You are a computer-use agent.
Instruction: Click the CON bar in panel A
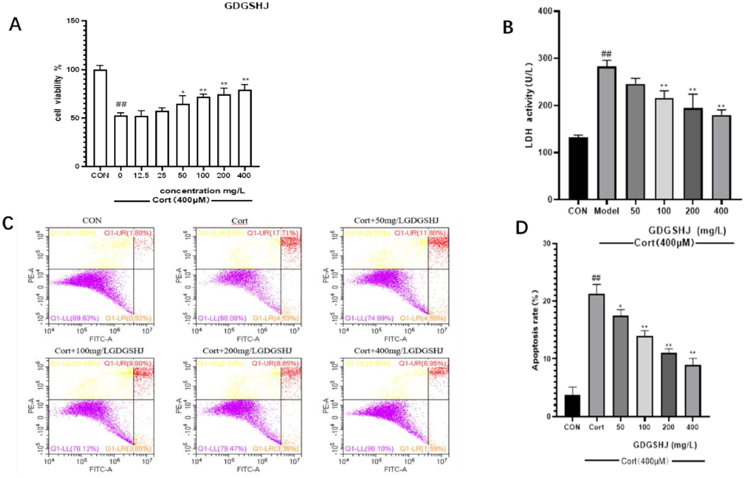coord(100,118)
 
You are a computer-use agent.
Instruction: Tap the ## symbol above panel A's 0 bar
coord(120,104)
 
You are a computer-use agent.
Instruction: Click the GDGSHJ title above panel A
coord(247,6)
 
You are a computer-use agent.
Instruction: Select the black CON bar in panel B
coord(578,168)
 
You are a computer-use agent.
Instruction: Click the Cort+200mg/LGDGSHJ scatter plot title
coord(247,351)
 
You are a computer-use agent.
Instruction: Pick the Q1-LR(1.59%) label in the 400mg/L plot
coord(422,449)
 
